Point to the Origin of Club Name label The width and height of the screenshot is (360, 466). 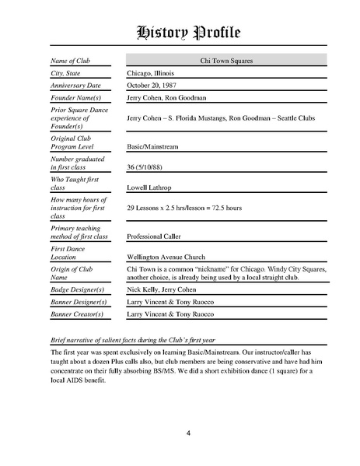[76, 272]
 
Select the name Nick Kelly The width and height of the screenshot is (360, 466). [145, 289]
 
